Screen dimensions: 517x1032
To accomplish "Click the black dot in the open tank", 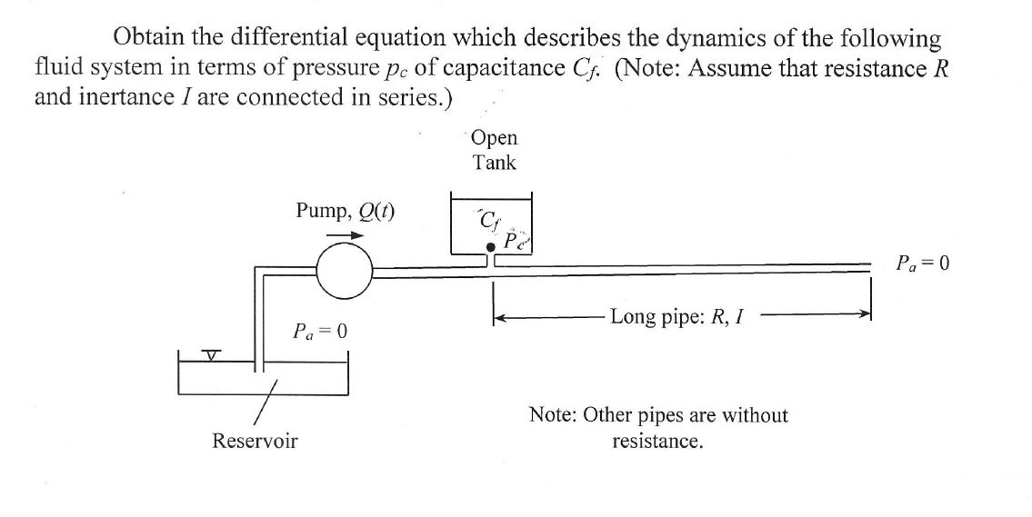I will [x=490, y=246].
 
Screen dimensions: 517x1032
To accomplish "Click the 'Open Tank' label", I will [x=495, y=150].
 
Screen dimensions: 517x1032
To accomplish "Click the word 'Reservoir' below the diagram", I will [x=255, y=442].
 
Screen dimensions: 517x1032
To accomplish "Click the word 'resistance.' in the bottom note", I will [x=657, y=442].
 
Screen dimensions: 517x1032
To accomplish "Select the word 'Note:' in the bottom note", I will [x=554, y=415].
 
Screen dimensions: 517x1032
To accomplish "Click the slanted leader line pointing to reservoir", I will [x=266, y=400].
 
